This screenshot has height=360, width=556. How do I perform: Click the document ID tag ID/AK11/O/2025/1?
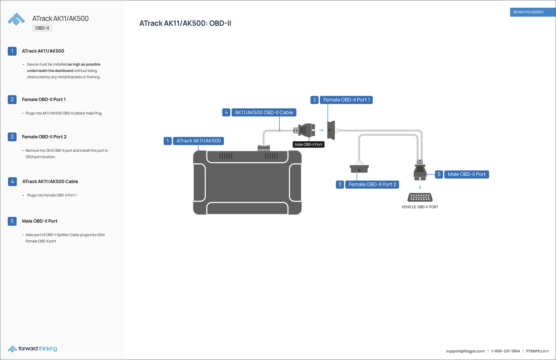528,12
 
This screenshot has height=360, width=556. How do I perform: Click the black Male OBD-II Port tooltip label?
308,145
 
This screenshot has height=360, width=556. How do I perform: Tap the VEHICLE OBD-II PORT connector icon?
420,197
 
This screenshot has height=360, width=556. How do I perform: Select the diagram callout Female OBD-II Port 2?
372,184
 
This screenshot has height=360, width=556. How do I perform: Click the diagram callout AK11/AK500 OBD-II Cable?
264,112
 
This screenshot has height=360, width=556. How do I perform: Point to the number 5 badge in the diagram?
439,174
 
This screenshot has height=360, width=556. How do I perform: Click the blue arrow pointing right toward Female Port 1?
321,130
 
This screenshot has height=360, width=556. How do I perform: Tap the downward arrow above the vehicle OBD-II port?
420,187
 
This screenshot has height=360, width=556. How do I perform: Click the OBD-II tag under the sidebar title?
42,28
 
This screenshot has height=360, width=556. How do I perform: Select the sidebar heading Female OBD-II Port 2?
44,137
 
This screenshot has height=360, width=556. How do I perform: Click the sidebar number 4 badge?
12,181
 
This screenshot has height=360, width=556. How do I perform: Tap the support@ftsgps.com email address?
465,351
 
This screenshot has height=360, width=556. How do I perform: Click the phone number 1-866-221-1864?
505,351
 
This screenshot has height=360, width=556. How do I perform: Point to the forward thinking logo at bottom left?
32,349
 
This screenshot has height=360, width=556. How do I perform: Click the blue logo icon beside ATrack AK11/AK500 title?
16,19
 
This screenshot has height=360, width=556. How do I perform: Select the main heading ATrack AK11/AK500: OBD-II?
185,23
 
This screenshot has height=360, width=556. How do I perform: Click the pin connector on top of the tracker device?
264,148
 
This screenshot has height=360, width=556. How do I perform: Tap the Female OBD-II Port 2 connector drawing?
359,169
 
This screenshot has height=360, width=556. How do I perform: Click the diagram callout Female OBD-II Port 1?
346,100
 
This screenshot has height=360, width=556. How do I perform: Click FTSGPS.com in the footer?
537,351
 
